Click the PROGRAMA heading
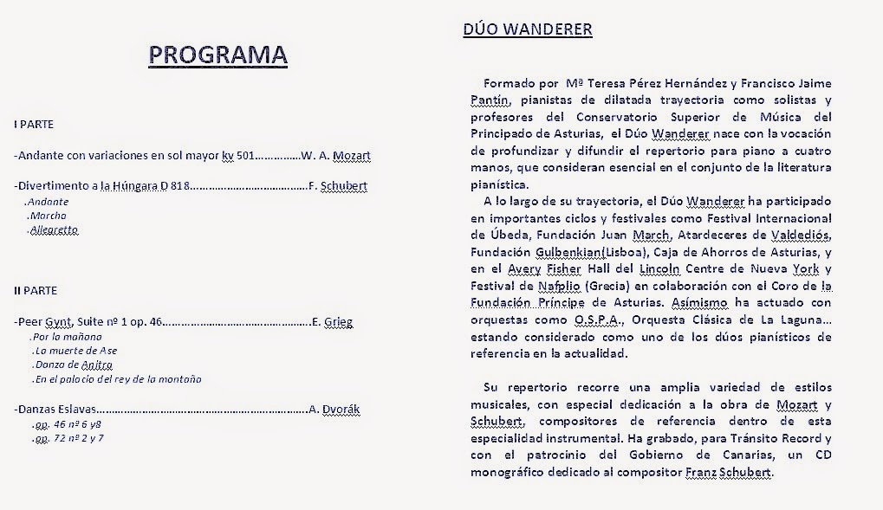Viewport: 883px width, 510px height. pos(218,55)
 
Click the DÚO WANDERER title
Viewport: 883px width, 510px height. pos(528,29)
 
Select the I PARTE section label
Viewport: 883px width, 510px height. pos(34,125)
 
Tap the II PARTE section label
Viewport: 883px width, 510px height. pos(36,290)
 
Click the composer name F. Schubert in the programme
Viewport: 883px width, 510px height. pos(337,185)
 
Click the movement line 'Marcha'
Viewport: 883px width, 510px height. pos(48,216)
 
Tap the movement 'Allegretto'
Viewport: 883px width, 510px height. pos(54,230)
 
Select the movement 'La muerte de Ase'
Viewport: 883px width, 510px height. pos(75,351)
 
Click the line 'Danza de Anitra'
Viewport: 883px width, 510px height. pos(73,365)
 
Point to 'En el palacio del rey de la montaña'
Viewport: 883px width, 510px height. pos(117,379)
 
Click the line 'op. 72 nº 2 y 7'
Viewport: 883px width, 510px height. pos(68,438)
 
